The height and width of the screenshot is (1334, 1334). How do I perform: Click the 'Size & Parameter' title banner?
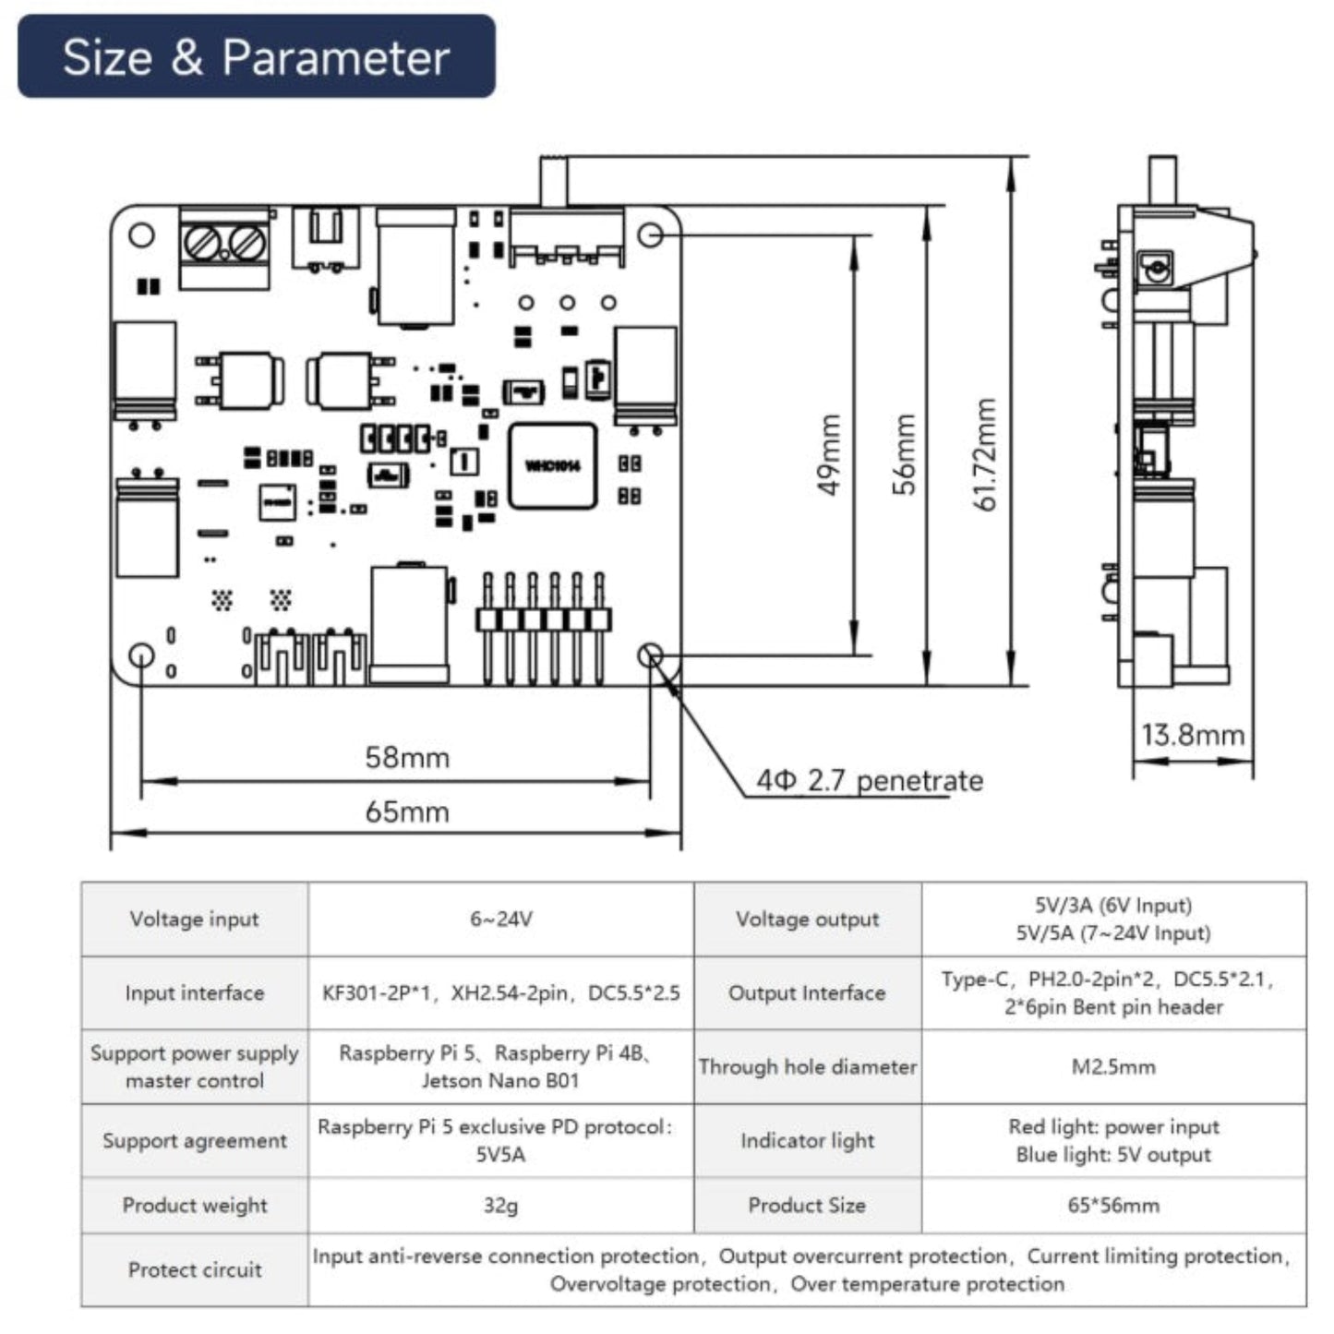click(x=256, y=56)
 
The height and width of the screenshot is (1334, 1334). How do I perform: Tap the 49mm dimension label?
click(x=829, y=455)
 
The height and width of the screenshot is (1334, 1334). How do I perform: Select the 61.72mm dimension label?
click(x=984, y=455)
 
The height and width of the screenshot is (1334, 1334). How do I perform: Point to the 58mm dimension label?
click(x=407, y=757)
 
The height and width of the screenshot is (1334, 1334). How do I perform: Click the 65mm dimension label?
click(x=407, y=811)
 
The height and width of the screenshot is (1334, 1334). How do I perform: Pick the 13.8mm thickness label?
click(x=1193, y=735)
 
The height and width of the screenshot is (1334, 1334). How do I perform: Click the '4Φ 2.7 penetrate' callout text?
click(x=870, y=781)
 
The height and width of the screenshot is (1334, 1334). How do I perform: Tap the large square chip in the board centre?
click(x=552, y=466)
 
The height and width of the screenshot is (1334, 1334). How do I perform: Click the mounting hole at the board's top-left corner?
click(x=142, y=235)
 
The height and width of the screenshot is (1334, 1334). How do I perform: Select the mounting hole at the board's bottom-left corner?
click(x=142, y=655)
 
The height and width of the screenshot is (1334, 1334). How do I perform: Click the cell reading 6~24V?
click(x=501, y=919)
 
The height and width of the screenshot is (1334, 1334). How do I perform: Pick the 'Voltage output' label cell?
click(x=808, y=919)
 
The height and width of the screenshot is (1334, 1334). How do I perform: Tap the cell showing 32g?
click(x=501, y=1206)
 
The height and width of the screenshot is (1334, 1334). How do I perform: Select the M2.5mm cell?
click(x=1114, y=1067)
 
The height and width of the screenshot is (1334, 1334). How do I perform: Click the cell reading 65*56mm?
click(x=1114, y=1206)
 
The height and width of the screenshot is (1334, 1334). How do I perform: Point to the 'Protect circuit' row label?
click(x=195, y=1269)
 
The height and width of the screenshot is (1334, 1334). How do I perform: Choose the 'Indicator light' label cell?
click(x=808, y=1140)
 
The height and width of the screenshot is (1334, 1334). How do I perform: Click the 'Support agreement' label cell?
click(x=195, y=1140)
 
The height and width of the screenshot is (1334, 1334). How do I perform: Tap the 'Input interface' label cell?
click(x=195, y=992)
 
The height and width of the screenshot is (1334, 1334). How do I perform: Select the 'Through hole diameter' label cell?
click(x=808, y=1067)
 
